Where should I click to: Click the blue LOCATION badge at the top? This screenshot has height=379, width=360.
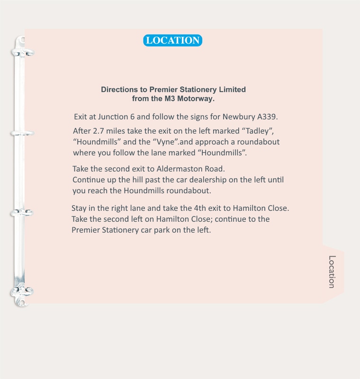[172, 40]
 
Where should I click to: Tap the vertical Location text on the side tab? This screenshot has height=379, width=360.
[332, 272]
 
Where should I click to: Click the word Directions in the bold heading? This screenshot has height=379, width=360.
[118, 90]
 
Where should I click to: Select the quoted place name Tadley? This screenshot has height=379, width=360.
[258, 131]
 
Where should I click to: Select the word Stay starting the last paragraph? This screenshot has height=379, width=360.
[80, 208]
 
